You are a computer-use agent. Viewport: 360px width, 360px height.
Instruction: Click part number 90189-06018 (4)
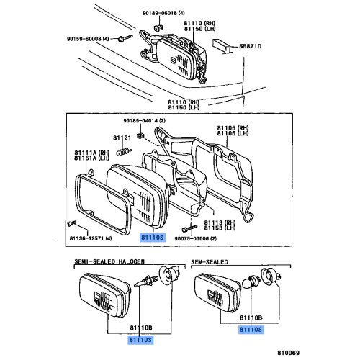(x=163, y=13)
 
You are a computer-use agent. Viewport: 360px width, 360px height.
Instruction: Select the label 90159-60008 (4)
(x=88, y=39)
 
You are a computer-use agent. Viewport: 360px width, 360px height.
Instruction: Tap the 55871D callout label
(x=250, y=46)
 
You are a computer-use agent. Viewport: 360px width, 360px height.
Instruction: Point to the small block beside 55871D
(x=221, y=45)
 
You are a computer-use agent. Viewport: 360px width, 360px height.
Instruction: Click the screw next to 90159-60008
(x=125, y=38)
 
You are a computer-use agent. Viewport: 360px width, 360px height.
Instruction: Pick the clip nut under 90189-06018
(x=158, y=27)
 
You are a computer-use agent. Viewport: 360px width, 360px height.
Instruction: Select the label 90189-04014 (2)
(x=145, y=120)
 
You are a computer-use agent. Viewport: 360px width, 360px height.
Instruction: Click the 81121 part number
(x=122, y=138)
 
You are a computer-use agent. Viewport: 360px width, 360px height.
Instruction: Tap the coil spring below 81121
(x=124, y=151)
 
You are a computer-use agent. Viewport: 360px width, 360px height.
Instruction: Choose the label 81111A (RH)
(x=91, y=153)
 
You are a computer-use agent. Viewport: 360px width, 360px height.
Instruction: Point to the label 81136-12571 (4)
(x=91, y=238)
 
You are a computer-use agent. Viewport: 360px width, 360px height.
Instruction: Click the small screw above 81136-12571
(x=72, y=223)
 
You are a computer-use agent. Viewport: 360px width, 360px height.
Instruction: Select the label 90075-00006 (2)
(x=195, y=238)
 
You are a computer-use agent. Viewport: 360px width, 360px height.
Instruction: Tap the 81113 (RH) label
(x=220, y=222)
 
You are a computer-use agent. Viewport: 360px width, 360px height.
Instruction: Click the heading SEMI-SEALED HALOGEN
(x=109, y=261)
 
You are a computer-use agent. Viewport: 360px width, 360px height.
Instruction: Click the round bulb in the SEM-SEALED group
(x=251, y=282)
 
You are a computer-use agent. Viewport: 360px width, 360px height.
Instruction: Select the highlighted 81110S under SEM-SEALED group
(x=251, y=330)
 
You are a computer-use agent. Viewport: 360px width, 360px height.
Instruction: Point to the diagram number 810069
(x=289, y=353)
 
